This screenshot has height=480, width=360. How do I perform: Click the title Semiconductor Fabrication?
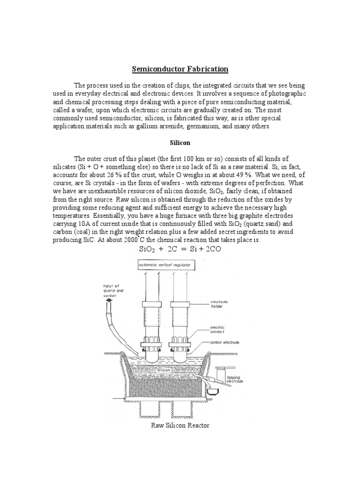coord(180,69)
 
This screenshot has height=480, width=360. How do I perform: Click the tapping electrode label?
coord(234,379)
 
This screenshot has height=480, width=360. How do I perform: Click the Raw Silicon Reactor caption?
coord(180,426)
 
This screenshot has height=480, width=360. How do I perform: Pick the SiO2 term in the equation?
coord(149,249)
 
